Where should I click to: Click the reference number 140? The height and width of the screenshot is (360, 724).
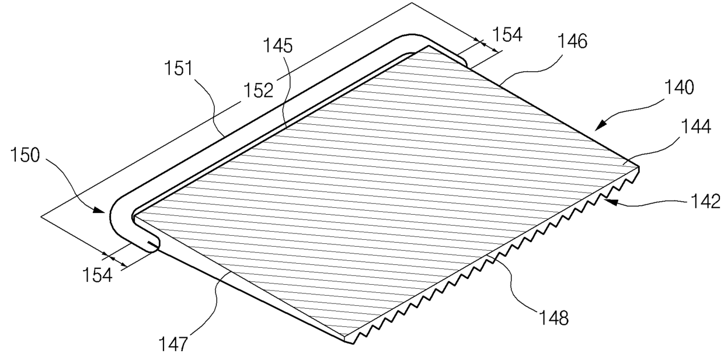[x=679, y=88]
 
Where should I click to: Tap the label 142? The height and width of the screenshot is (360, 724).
[x=705, y=201]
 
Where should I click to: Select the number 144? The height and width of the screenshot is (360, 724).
[x=696, y=126]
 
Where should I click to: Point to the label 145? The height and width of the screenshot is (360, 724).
[x=278, y=46]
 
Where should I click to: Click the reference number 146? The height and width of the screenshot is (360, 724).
[x=572, y=41]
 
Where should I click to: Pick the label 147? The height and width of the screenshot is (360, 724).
[x=173, y=344]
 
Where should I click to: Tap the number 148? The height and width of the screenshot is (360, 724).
[x=554, y=318]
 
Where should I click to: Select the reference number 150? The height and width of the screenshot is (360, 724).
[x=25, y=155]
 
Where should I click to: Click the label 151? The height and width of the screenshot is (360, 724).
[x=179, y=68]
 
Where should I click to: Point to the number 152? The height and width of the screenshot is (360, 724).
[x=259, y=90]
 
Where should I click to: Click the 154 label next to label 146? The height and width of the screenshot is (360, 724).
[x=507, y=34]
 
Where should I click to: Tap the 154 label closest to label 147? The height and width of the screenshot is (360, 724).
[x=98, y=275]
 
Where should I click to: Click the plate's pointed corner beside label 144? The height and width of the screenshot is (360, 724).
[x=639, y=167]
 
